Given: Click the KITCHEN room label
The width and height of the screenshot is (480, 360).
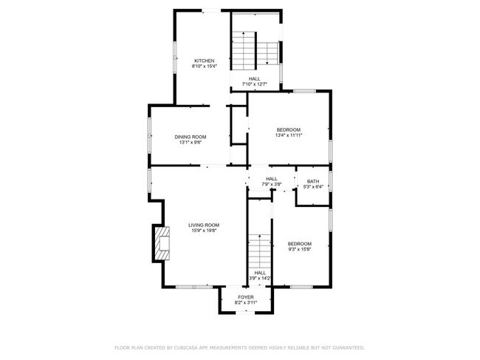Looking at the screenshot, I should (x=205, y=61).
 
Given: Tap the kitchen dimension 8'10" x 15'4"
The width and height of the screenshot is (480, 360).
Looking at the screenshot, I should (x=205, y=67).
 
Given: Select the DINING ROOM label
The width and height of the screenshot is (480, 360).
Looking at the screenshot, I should (x=190, y=137).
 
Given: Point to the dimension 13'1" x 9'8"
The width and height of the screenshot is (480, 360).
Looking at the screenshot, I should (x=190, y=143).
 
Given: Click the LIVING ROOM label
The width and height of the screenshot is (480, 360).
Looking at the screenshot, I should (x=203, y=225).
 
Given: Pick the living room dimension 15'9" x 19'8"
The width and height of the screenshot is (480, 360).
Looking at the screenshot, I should (x=203, y=231).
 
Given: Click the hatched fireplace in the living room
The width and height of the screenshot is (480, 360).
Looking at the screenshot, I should (x=160, y=242).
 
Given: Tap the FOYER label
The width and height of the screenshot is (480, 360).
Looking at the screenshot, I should (x=245, y=297).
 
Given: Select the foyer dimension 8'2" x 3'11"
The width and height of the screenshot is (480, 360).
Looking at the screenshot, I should (x=245, y=303).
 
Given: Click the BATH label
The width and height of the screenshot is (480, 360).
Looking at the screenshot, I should (x=313, y=182).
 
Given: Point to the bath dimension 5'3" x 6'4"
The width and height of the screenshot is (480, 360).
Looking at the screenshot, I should (x=313, y=187).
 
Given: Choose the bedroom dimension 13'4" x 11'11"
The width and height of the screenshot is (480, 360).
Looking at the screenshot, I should (x=289, y=135).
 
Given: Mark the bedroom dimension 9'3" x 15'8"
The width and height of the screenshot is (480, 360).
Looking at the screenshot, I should (x=299, y=250).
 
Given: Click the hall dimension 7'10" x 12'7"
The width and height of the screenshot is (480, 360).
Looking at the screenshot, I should (x=254, y=85).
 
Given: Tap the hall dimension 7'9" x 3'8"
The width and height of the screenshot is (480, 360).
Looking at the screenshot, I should (x=271, y=184).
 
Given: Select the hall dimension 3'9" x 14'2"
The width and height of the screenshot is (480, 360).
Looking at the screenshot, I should (x=260, y=279).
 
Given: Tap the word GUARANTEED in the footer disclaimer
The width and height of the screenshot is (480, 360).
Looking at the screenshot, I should (x=344, y=347).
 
